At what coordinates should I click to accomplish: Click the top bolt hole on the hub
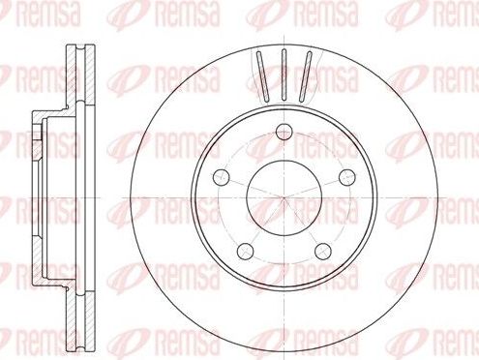(284, 134)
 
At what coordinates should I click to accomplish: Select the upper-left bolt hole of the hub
(222, 176)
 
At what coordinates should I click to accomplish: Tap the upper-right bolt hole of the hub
(343, 176)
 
